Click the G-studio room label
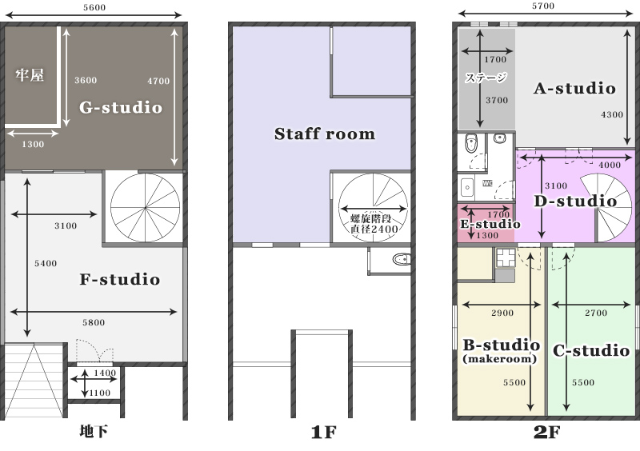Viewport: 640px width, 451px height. pos(121,107)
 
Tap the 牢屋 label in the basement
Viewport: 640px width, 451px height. pos(30,75)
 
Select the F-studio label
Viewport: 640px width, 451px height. pos(119,280)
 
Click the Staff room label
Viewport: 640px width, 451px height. pos(325,134)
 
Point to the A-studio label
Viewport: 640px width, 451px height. pos(574,88)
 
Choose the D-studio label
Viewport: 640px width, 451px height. pos(575,201)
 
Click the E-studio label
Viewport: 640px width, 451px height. pos(490,224)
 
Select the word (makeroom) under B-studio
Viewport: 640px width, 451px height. pos(499,359)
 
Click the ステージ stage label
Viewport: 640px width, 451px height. pos(486,77)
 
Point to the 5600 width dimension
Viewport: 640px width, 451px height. pos(94,7)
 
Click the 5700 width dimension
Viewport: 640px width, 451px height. pos(543,6)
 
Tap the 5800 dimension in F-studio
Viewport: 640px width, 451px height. pos(94,322)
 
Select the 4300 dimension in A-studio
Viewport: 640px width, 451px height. pos(612,114)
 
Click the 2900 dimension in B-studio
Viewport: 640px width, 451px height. pos(502,313)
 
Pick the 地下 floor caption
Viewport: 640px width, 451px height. pos(94,432)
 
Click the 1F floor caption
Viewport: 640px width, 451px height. pos(324,433)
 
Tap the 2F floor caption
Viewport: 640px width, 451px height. pos(547,433)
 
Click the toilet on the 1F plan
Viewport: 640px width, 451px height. pos(402,259)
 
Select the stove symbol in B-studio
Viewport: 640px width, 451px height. pos(506,257)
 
